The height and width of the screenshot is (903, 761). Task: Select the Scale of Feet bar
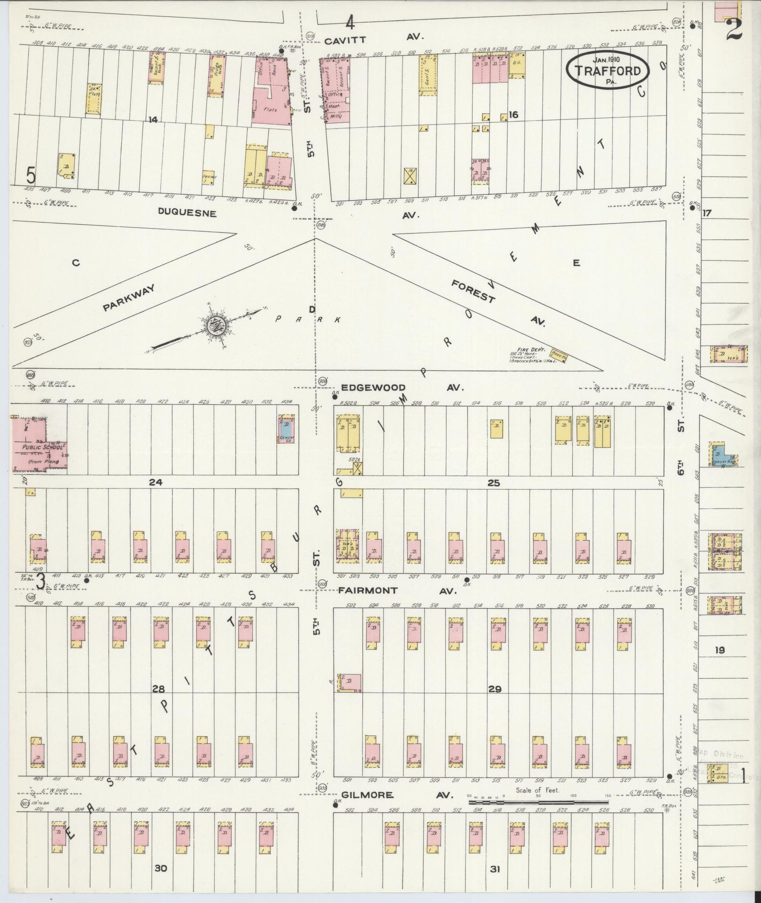coord(538,802)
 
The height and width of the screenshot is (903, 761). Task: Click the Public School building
coord(38,445)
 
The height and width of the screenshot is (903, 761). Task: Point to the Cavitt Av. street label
coord(376,37)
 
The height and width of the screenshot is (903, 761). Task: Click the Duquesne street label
coord(187,213)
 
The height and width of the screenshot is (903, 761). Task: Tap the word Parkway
coord(129,298)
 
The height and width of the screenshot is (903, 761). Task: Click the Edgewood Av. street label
coord(401,388)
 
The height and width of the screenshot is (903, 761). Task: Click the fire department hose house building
coord(559,357)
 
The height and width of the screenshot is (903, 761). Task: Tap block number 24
coord(155,482)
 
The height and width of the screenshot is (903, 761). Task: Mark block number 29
coord(494,690)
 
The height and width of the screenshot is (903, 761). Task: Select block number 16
coord(513,115)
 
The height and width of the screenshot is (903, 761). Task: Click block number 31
coord(494,869)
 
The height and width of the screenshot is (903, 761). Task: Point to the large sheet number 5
coord(31,177)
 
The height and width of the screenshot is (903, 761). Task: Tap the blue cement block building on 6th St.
coord(722,454)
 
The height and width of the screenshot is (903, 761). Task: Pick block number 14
coord(152,120)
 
